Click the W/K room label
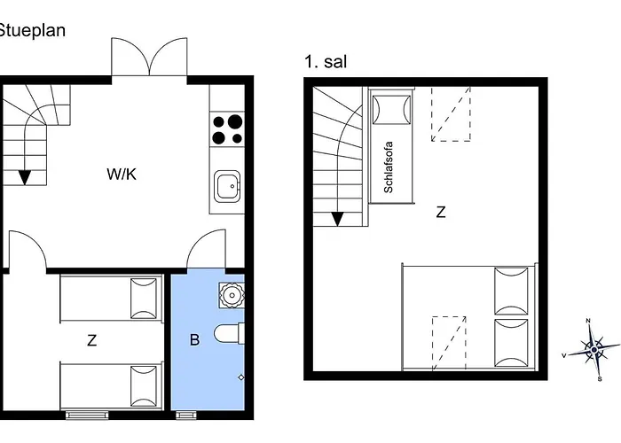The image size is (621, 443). pyautogui.click(x=122, y=174)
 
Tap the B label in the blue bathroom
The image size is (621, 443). pyautogui.click(x=194, y=339)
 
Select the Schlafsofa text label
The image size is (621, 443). pyautogui.click(x=389, y=167)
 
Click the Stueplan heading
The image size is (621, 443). pyautogui.click(x=32, y=30)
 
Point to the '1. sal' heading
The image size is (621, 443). pyautogui.click(x=326, y=62)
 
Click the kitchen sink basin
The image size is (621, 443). pyautogui.click(x=227, y=186)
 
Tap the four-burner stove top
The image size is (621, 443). pyautogui.click(x=227, y=129)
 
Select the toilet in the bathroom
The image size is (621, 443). pyautogui.click(x=229, y=334)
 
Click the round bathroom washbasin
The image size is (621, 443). pyautogui.click(x=231, y=295)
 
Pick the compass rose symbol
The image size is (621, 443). pyautogui.click(x=593, y=350)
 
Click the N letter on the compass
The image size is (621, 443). pyautogui.click(x=588, y=321)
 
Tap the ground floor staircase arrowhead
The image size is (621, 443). pyautogui.click(x=25, y=177)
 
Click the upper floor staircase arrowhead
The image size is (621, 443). pyautogui.click(x=337, y=219)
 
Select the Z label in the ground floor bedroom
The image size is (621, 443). pyautogui.click(x=92, y=340)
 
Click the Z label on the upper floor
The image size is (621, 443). pyautogui.click(x=441, y=212)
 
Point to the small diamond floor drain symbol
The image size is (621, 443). pyautogui.click(x=241, y=377)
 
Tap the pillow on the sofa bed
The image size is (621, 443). pyautogui.click(x=391, y=110)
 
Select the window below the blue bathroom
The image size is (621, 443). pyautogui.click(x=186, y=415)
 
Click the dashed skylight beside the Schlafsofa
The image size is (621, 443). pyautogui.click(x=451, y=114)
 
